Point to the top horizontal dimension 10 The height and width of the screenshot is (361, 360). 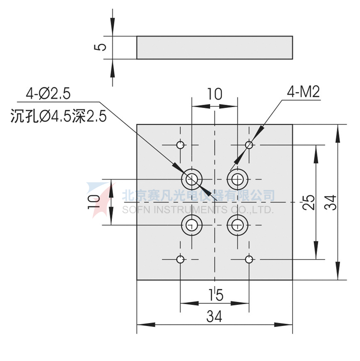tap(214, 94)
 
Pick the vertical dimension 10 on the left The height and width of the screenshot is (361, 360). tap(94, 202)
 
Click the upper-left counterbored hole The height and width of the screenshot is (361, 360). tap(192, 180)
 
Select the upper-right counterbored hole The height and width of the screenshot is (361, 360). tap(237, 180)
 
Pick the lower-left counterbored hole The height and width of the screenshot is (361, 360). tap(192, 224)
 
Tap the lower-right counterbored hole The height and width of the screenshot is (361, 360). tap(237, 224)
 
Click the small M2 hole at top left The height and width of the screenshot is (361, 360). tap(180, 145)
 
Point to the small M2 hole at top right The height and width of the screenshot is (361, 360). tap(249, 144)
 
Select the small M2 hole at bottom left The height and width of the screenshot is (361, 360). tap(180, 260)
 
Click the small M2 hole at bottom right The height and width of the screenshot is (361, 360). tap(249, 260)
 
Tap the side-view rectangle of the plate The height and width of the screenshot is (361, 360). tap(215, 48)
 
